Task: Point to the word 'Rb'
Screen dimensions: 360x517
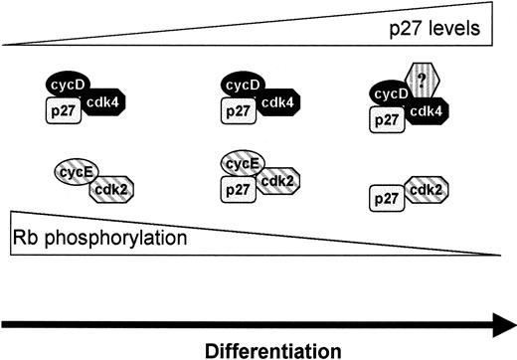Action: [x=27, y=239]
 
